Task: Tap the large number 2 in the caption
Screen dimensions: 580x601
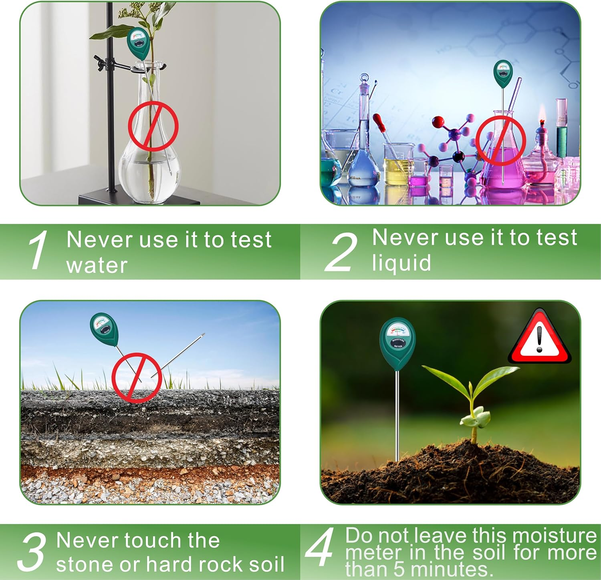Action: coord(341,252)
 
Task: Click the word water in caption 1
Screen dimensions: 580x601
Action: coord(97,265)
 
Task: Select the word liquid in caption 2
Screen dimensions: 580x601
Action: coord(401,263)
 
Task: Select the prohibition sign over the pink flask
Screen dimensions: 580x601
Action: coord(500,141)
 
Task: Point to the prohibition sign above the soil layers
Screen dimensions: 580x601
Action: coord(137,377)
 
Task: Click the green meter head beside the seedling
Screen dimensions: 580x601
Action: coord(397,343)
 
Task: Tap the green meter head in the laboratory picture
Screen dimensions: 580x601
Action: coord(503,74)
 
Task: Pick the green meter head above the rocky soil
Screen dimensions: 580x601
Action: coord(104,329)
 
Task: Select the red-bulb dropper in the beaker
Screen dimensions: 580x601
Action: coord(379,123)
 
